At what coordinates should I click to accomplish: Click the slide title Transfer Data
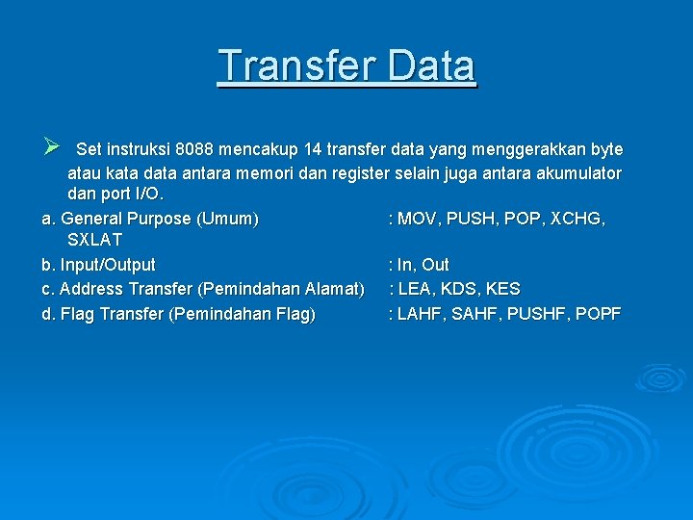[x=346, y=66]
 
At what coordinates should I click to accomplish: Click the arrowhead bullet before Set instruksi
[x=52, y=147]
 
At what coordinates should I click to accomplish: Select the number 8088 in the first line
[x=194, y=150]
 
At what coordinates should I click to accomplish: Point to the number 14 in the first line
[x=313, y=150]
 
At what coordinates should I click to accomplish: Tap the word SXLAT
[x=94, y=240]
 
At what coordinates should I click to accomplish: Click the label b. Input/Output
[x=98, y=265]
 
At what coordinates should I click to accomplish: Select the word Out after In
[x=435, y=265]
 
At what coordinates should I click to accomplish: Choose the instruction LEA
[x=416, y=289]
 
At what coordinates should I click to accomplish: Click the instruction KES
[x=502, y=289]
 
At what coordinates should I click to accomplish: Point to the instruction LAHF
[x=419, y=314]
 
